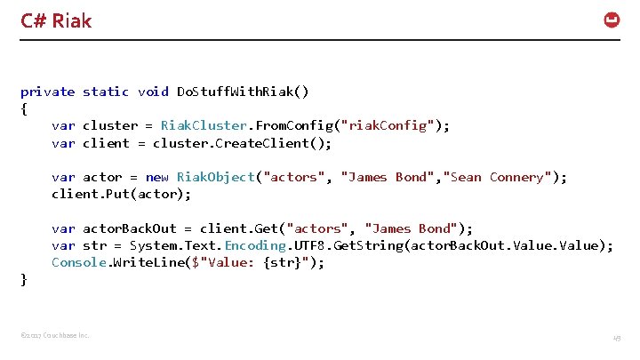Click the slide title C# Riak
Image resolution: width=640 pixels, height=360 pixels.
(x=56, y=20)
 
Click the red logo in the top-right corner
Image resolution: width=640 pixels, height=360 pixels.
(x=612, y=20)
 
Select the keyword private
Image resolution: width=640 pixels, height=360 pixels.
(x=48, y=92)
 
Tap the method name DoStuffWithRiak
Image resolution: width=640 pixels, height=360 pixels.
(x=237, y=92)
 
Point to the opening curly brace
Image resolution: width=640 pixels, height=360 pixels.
(x=24, y=109)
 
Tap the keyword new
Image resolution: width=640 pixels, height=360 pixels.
(x=156, y=177)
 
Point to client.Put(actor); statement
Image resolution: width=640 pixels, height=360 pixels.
(x=121, y=194)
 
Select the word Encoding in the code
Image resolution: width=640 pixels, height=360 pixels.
(x=255, y=245)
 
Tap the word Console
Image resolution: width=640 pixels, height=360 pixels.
(x=79, y=262)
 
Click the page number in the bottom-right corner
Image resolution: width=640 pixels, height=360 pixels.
(x=615, y=338)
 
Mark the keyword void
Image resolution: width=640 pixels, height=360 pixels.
(x=153, y=92)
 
